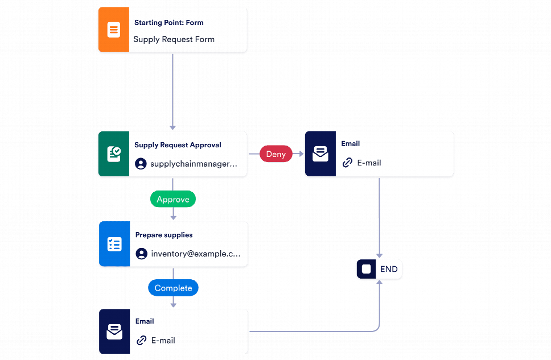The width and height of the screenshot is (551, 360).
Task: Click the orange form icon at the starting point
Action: pos(114,30)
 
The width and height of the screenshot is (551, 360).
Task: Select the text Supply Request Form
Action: pos(174,39)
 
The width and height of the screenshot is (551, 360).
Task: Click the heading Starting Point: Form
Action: pos(168,23)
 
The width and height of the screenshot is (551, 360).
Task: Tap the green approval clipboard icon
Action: pos(114,154)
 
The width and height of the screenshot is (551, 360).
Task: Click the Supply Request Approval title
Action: pos(178,145)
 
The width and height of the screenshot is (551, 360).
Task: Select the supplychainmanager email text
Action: pos(193,164)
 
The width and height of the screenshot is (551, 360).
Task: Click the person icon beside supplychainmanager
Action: pos(141,164)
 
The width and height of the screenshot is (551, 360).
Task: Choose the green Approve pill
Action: pos(173,199)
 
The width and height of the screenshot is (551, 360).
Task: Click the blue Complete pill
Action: pos(173,288)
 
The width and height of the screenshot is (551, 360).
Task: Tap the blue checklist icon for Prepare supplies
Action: pos(114,245)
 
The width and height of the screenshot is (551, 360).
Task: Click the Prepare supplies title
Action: pos(164,235)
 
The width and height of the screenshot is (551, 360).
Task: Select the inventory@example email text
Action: pos(195,254)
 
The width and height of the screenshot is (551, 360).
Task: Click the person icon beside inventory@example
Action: pos(141,254)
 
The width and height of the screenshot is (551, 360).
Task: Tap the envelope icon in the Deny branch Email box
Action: pos(320,154)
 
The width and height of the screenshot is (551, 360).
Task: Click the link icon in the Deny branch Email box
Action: pos(347,163)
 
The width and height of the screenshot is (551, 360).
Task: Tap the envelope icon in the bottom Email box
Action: pos(114,331)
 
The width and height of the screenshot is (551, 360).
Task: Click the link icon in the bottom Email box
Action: pos(141,341)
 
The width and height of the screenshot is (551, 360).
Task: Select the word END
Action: pos(389,269)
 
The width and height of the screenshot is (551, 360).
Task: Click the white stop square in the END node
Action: pos(367,269)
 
